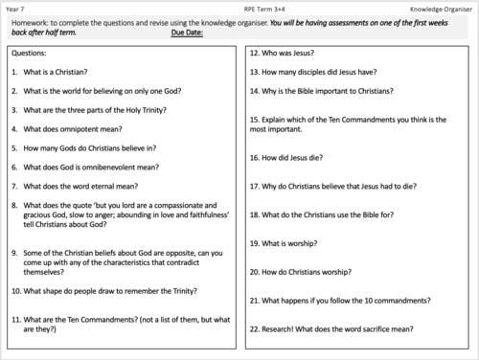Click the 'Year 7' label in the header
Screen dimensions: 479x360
tap(17, 8)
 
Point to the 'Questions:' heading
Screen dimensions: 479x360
tap(32, 54)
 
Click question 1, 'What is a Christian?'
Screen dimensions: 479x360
tap(53, 72)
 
